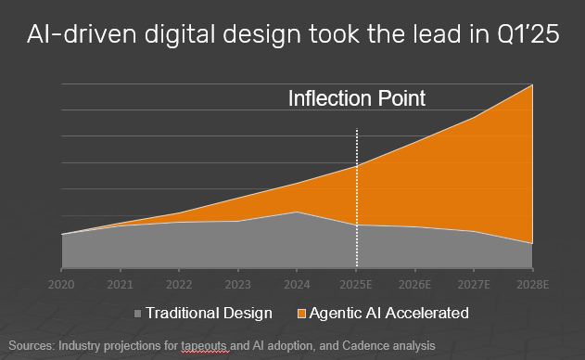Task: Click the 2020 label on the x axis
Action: (61, 283)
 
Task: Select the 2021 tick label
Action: (120, 283)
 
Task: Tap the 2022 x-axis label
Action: (179, 283)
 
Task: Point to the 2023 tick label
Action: (237, 283)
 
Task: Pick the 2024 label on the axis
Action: (297, 283)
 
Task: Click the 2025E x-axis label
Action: (357, 283)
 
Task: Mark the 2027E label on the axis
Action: (475, 283)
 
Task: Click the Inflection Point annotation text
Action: (357, 98)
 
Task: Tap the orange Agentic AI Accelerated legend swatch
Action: (302, 314)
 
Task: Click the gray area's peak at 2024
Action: (297, 212)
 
